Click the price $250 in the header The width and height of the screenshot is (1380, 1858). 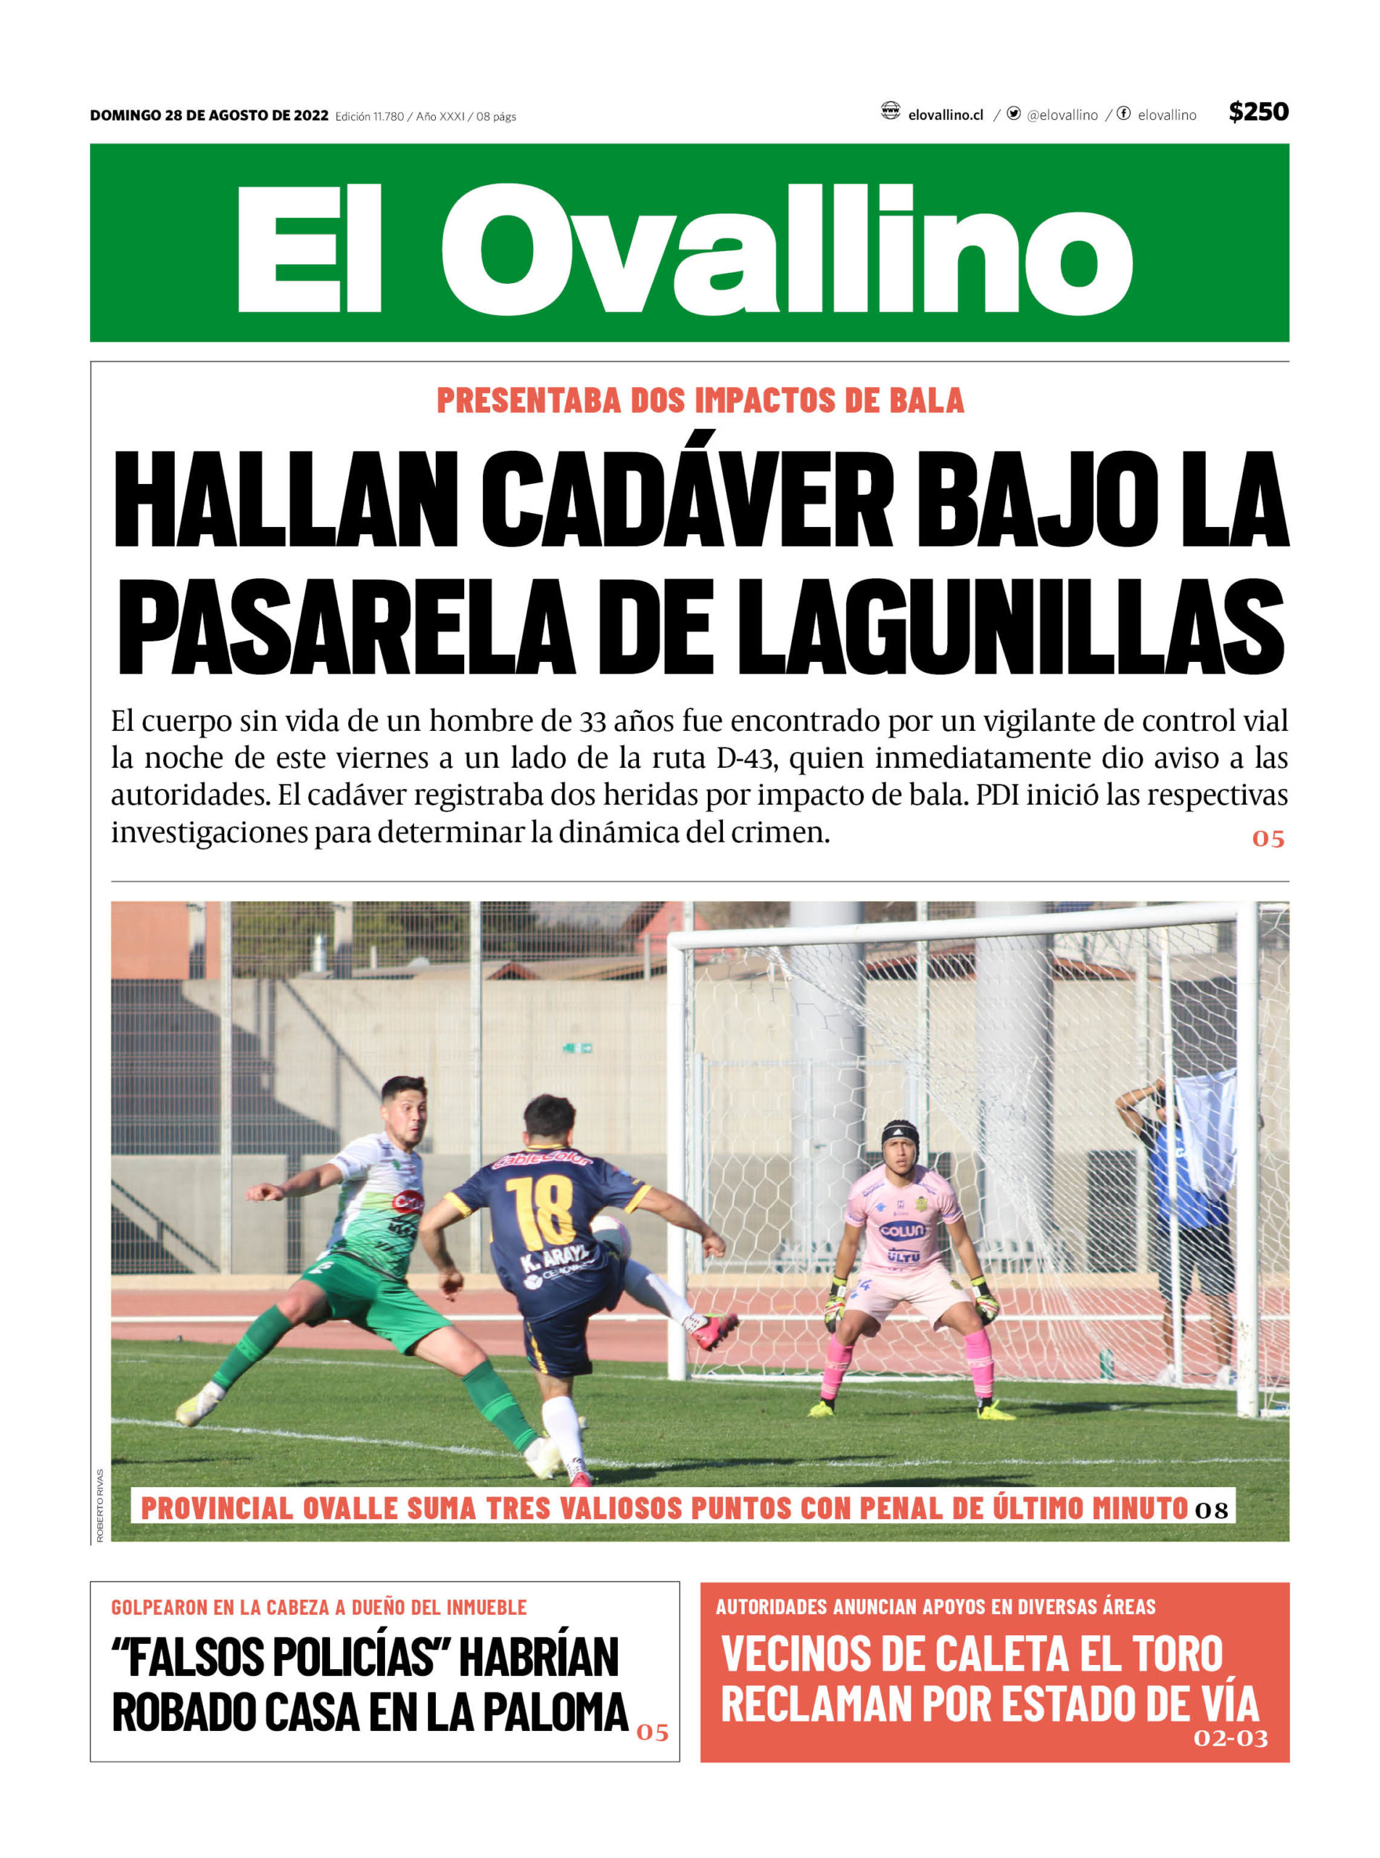pyautogui.click(x=1257, y=112)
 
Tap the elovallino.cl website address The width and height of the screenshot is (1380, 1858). pyautogui.click(x=945, y=115)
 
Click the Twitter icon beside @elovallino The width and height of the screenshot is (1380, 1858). pyautogui.click(x=1013, y=114)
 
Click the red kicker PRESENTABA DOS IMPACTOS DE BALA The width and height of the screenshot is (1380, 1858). pyautogui.click(x=700, y=401)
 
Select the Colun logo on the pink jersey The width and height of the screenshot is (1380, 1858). pyautogui.click(x=902, y=1230)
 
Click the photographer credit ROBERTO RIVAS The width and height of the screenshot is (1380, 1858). pyautogui.click(x=100, y=1505)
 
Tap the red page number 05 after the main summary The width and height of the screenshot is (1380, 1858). pyautogui.click(x=1267, y=839)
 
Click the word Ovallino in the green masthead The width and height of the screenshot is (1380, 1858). pyautogui.click(x=785, y=248)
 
